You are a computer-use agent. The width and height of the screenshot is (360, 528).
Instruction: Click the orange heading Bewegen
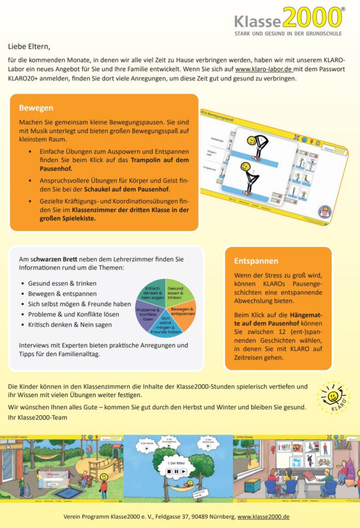tap(36, 108)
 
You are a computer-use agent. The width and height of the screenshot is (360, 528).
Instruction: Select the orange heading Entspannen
tap(256, 261)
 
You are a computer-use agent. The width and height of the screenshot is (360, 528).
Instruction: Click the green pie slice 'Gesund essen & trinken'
tap(179, 293)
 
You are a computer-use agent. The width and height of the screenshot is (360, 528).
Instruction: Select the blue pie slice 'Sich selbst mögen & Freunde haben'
tap(166, 324)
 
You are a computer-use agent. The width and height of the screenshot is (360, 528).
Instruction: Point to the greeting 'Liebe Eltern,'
tap(29, 46)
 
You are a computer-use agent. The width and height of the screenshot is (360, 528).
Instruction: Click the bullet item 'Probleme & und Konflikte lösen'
tap(74, 314)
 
